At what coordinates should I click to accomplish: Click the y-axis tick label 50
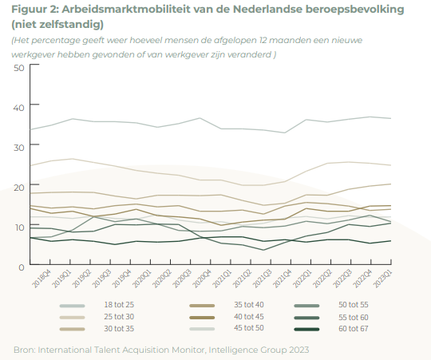click(x=19, y=68)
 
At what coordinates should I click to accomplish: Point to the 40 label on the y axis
click(x=19, y=108)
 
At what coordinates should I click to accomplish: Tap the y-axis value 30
click(x=19, y=148)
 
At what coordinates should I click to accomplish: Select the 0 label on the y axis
click(x=22, y=267)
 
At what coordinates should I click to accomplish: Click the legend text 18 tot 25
click(x=119, y=305)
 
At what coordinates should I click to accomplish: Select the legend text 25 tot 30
click(x=119, y=317)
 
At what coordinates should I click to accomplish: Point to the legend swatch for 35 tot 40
click(x=202, y=306)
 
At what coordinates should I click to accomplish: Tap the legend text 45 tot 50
click(x=249, y=328)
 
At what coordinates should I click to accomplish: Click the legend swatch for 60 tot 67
click(x=306, y=329)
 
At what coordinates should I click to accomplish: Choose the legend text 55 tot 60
click(x=354, y=318)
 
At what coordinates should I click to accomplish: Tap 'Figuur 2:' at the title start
click(x=35, y=10)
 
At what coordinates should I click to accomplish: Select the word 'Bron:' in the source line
click(x=25, y=350)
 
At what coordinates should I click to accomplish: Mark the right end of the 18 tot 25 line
click(x=391, y=118)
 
